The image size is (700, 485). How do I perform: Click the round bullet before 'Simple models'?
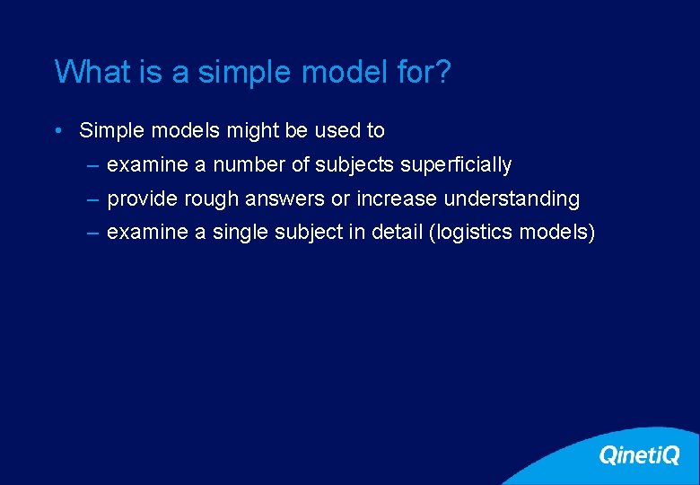57,131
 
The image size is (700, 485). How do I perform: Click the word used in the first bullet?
337,130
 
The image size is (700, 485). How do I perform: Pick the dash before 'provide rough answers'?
93,198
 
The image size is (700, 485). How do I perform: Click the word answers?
287,198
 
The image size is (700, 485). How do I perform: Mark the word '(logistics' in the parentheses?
471,233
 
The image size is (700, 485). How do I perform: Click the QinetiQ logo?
638,455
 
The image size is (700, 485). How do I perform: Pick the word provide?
141,198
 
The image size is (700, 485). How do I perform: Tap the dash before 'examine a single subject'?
93,233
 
